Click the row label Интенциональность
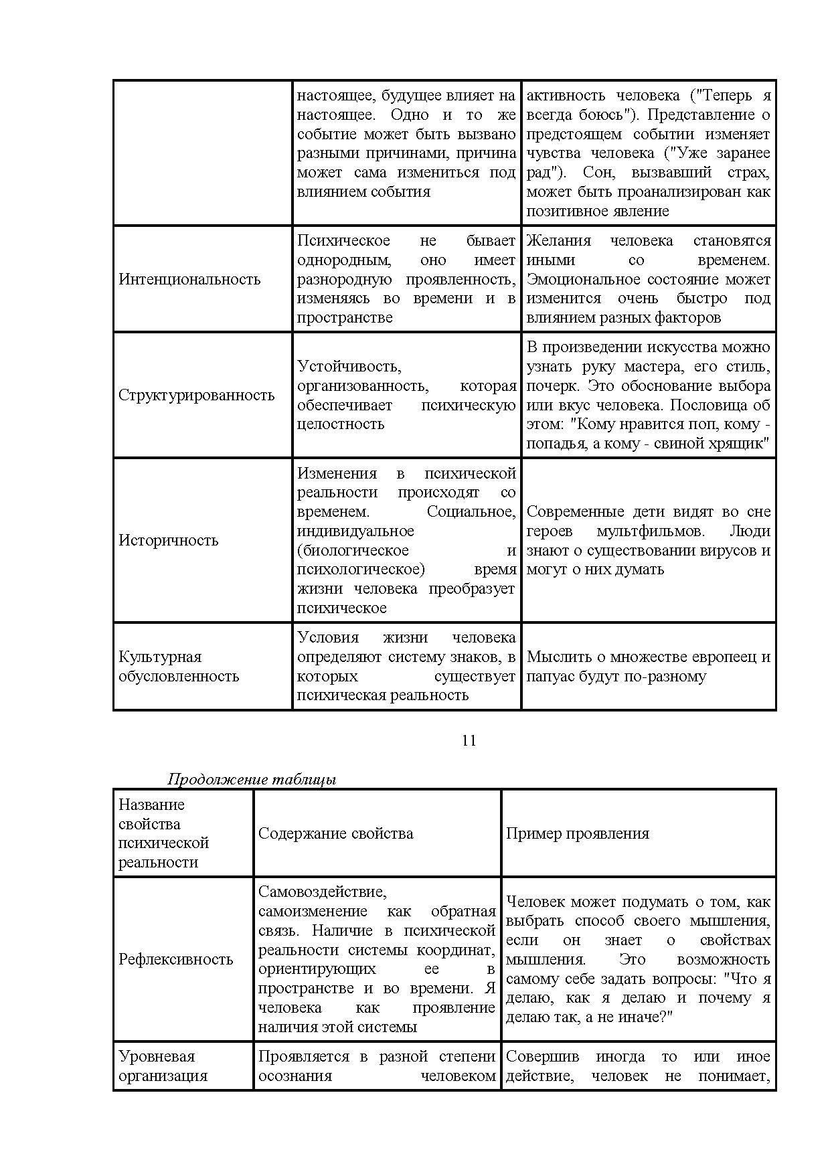coord(189,279)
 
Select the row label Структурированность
coord(197,395)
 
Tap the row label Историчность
coord(168,540)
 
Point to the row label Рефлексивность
coord(176,959)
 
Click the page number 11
coord(469,740)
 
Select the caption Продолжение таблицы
coord(252,779)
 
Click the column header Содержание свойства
coord(336,833)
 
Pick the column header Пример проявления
coord(578,833)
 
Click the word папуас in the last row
coord(548,676)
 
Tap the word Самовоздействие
coord(323,892)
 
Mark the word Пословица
coord(709,405)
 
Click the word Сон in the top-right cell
coord(597,173)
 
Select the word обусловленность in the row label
coord(179,676)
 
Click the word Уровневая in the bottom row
coord(157,1056)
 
